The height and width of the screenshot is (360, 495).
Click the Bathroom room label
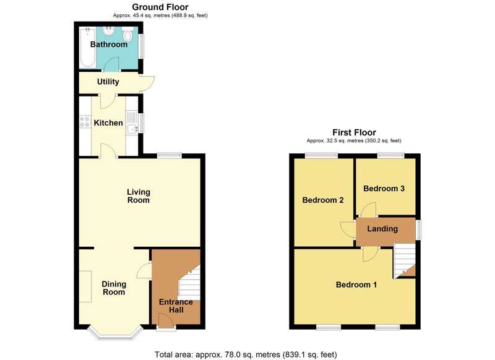(x=109, y=45)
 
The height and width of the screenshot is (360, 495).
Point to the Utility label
(x=108, y=82)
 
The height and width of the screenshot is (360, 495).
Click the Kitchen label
(x=108, y=123)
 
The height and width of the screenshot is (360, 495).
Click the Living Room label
(x=139, y=196)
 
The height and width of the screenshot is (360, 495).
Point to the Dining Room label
(x=114, y=288)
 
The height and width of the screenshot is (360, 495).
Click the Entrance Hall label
(x=176, y=306)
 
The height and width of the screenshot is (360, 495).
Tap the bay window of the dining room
(x=114, y=334)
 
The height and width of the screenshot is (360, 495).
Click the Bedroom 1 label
(x=356, y=285)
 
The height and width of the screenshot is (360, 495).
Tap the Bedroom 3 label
(x=384, y=189)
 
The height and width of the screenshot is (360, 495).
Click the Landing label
(x=382, y=229)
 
